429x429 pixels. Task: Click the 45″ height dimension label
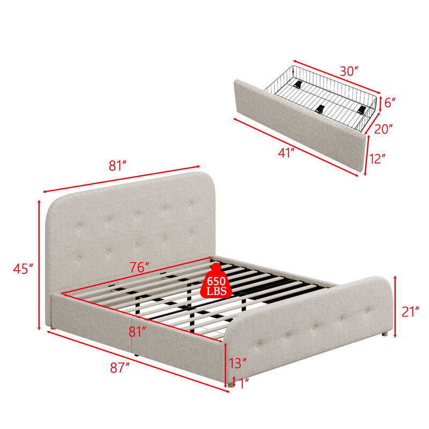23,268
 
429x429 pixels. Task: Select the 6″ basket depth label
390,102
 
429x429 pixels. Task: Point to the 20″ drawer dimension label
383,129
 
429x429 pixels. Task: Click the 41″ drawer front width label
286,152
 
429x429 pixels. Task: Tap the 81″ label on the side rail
138,332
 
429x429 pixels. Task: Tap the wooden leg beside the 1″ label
232,382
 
